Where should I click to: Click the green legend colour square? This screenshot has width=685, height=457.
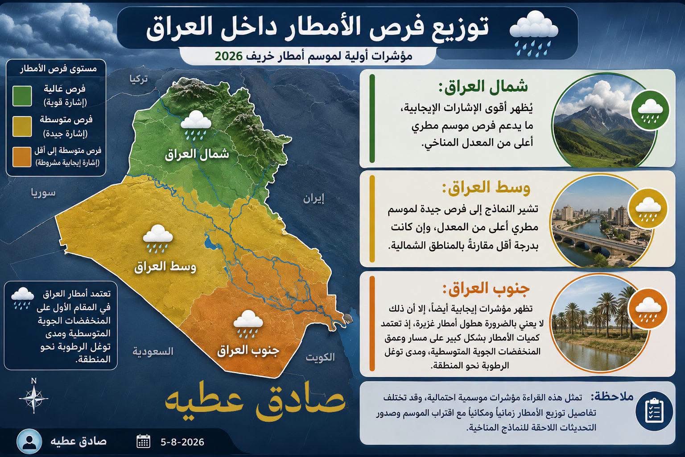pos(22,96)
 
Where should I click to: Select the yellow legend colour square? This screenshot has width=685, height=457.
pos(22,126)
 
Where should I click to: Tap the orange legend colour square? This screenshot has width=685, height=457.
pos(22,157)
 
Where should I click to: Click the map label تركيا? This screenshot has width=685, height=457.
pos(139,79)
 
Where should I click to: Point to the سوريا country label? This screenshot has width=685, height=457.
pos(43,193)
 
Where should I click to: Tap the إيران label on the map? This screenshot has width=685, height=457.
pos(314,199)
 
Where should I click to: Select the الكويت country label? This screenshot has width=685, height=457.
pos(320,357)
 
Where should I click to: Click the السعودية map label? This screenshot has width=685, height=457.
pos(153,351)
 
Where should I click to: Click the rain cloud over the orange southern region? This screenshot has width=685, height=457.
pos(248,324)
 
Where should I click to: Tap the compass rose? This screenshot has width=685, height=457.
pos(33,397)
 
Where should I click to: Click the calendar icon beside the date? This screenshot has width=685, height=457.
pos(143,441)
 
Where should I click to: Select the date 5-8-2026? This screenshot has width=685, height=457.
pos(182,442)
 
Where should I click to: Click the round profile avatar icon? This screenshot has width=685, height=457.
pos(29,441)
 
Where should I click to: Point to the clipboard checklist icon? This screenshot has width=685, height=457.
pos(654,411)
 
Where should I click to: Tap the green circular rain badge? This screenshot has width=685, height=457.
pos(650,110)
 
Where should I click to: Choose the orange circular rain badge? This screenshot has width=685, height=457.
pos(648,307)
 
